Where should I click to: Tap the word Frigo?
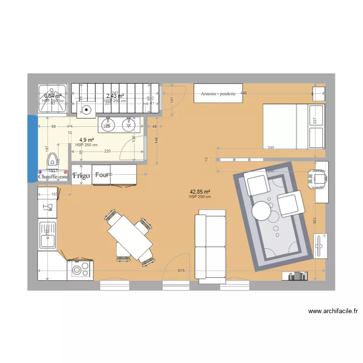[81, 176]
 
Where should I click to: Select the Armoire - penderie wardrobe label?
[218, 93]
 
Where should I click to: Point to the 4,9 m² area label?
[86, 140]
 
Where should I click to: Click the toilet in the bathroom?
[51, 165]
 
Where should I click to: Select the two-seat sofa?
[210, 245]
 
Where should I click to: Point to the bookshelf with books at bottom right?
[295, 276]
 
